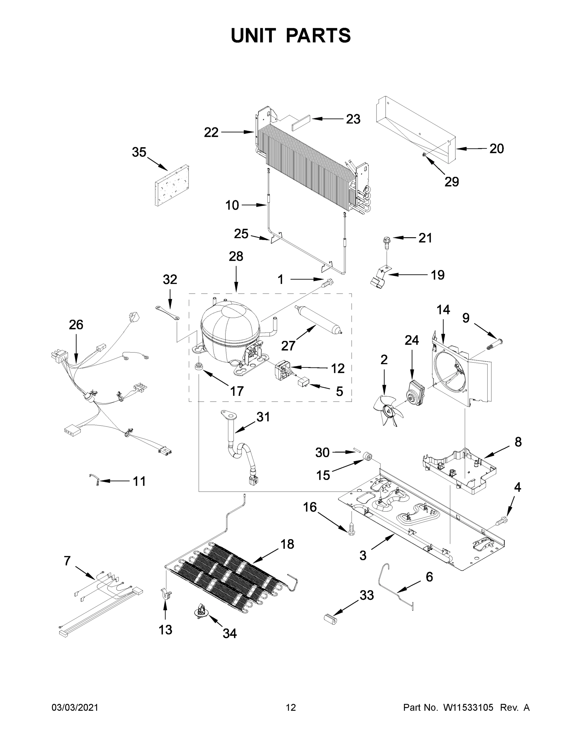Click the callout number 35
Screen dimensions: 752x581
[x=139, y=152]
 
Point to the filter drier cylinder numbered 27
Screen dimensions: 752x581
[x=317, y=319]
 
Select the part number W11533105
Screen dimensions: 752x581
[x=468, y=708]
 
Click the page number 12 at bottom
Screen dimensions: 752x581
[x=291, y=708]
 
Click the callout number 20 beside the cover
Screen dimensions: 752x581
[x=496, y=149]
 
